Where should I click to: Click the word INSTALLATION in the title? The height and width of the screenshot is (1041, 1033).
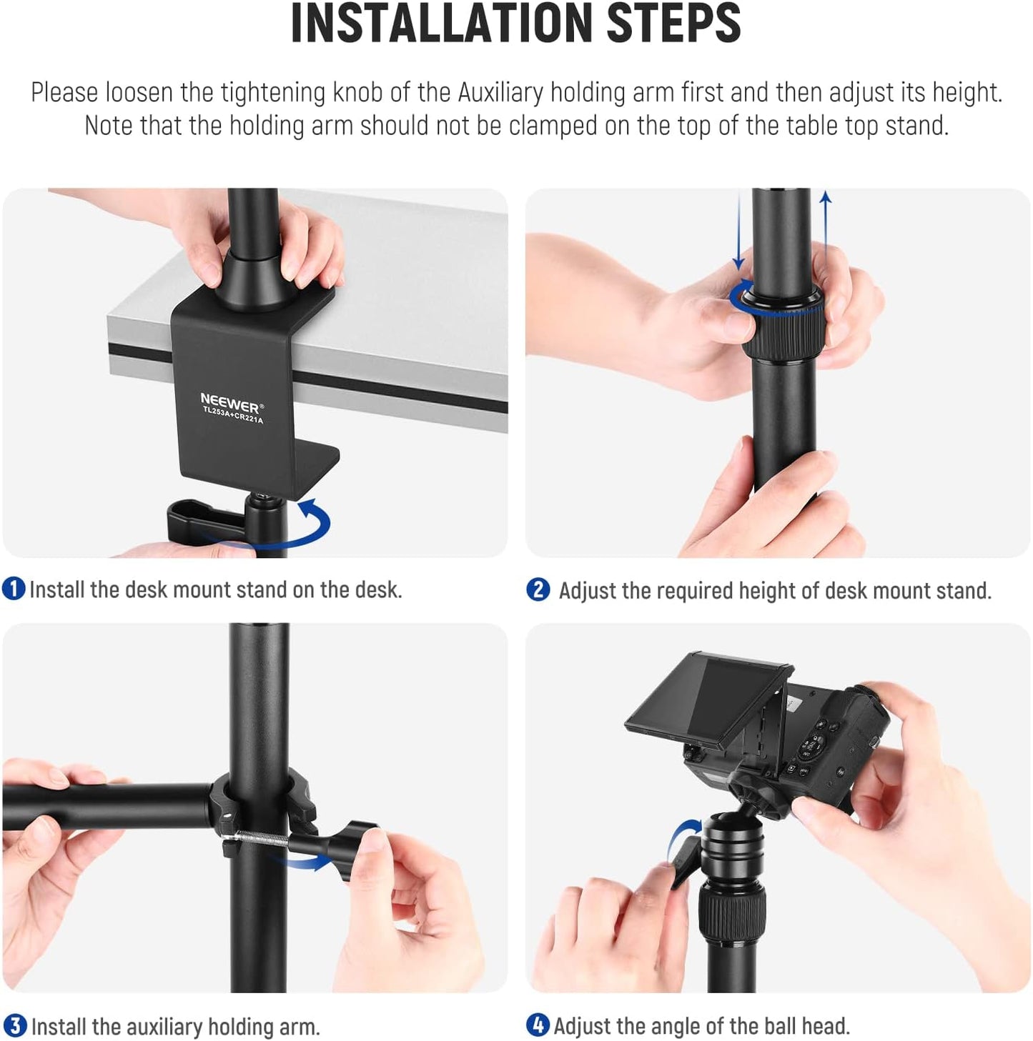click(x=443, y=24)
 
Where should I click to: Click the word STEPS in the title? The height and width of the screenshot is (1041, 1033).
click(x=673, y=24)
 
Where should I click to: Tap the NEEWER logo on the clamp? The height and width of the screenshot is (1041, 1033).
click(x=230, y=402)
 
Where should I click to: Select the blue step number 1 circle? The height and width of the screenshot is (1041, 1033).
click(x=14, y=589)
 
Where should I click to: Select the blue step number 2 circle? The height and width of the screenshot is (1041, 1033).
click(x=538, y=590)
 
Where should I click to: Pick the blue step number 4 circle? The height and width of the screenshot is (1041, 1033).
click(x=538, y=1025)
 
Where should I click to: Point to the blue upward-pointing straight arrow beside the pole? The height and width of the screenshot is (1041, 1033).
click(x=826, y=229)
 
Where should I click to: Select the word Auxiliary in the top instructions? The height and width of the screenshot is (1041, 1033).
click(x=500, y=93)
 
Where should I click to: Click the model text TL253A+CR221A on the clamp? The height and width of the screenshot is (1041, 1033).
click(x=233, y=416)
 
